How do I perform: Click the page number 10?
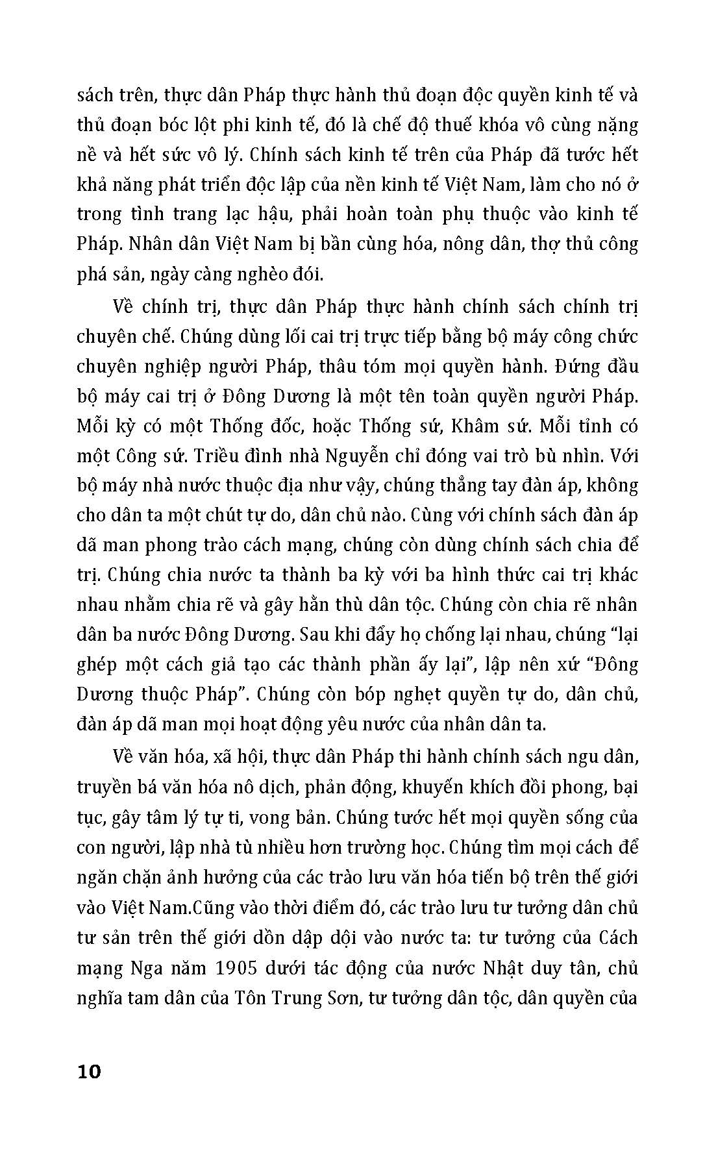90,1072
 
